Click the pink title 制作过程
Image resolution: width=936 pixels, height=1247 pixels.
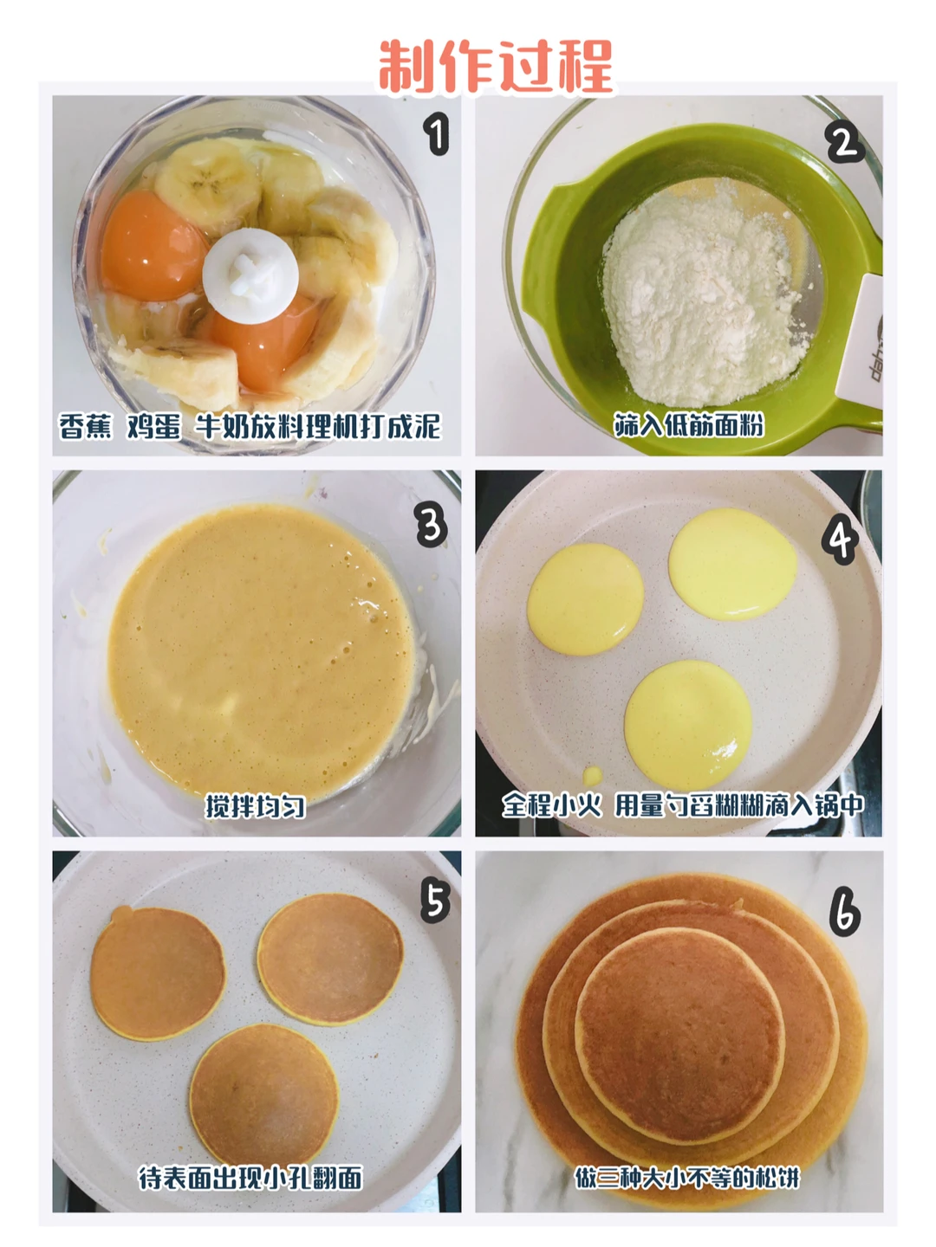[496, 67]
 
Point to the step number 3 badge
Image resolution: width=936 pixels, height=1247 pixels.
[431, 525]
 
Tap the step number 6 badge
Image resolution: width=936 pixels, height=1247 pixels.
[844, 914]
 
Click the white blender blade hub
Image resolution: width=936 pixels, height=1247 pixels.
[250, 275]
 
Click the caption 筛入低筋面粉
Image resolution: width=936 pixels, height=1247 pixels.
[689, 425]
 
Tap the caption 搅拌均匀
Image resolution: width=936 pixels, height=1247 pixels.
[255, 807]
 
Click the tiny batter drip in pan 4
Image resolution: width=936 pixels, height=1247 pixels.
[592, 775]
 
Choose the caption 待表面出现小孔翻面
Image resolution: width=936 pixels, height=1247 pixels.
[250, 1179]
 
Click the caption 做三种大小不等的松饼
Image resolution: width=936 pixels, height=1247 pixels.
[686, 1178]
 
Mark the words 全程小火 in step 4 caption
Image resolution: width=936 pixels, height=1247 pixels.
[551, 805]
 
